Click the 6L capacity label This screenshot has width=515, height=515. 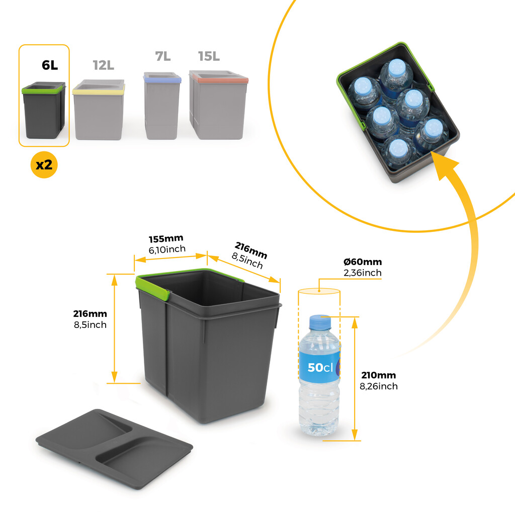coord(50,65)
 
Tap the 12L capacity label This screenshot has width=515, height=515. coord(103,65)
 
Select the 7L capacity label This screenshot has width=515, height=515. coord(162,56)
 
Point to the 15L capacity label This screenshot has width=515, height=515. coord(209,56)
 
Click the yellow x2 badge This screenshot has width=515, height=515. coord(44,164)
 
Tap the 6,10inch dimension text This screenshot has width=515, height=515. coord(167,249)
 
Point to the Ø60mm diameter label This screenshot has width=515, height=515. coord(363,262)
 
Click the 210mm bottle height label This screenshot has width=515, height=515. coord(378,375)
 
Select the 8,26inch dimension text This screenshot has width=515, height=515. coord(379,386)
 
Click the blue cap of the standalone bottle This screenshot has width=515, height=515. coord(320,321)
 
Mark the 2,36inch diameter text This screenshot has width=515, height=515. coord(363,273)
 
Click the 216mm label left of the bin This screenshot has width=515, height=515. coord(90,314)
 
